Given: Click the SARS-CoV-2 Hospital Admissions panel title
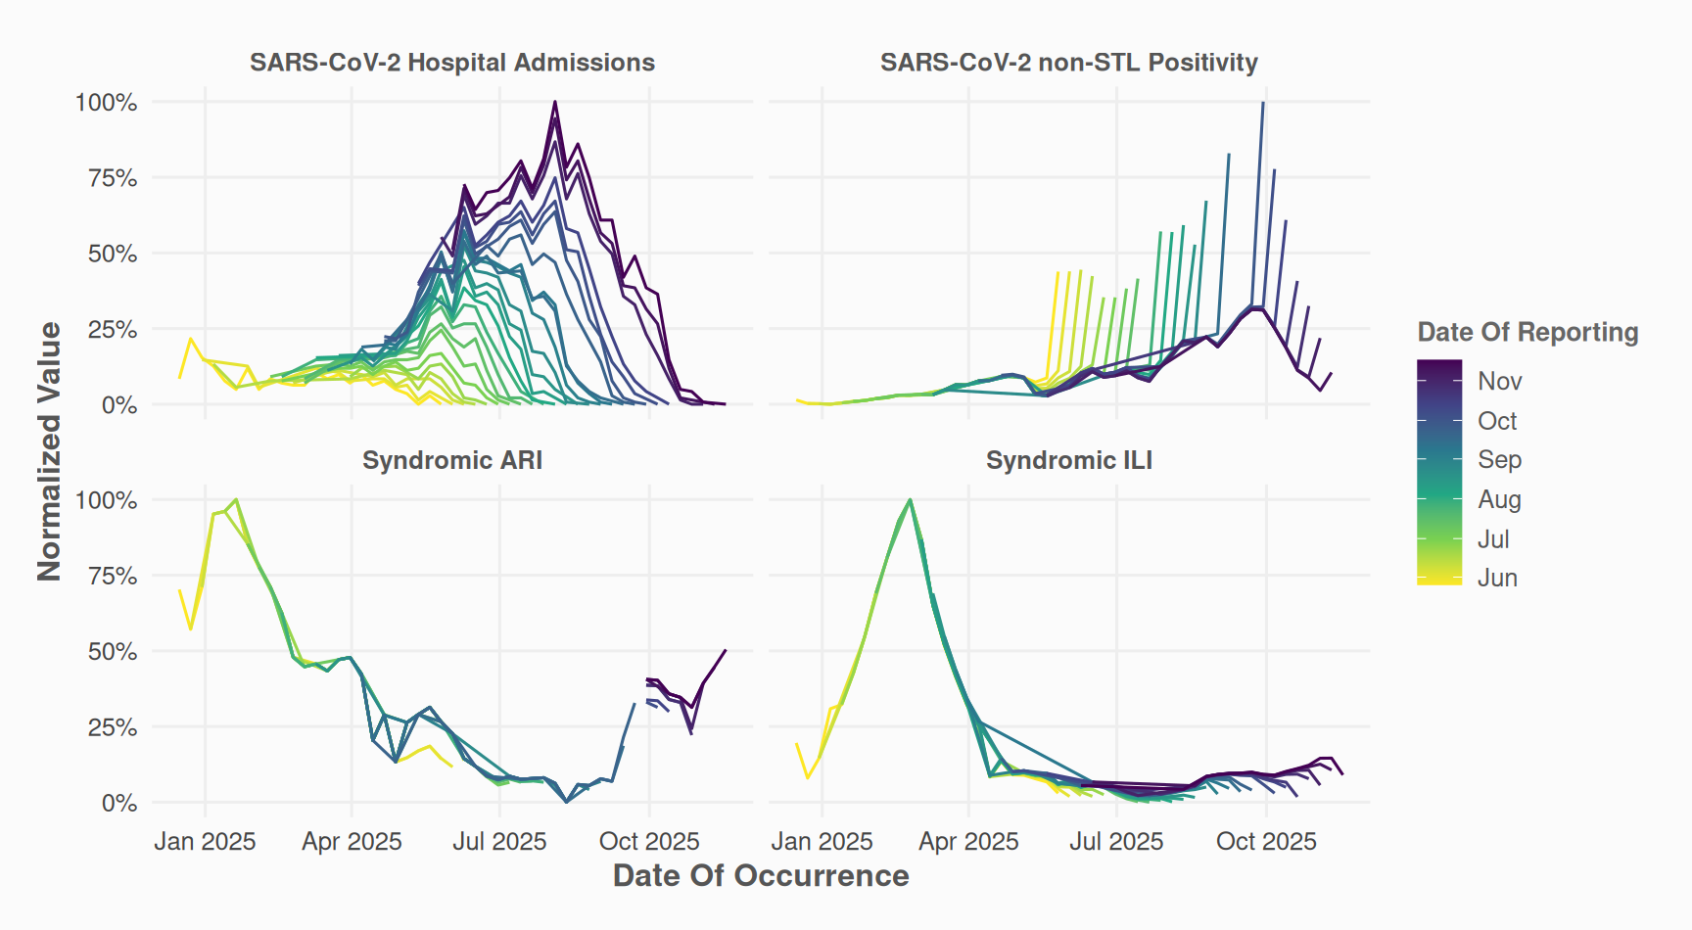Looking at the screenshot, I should coord(451,63).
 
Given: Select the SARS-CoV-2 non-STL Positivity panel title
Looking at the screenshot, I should coord(1068,63).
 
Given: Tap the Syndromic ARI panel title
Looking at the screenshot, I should coord(451,460).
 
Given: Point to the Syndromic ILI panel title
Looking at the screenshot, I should coord(1068,460).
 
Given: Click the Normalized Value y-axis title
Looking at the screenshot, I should coord(49,451).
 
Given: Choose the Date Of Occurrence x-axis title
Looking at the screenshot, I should coord(761,875).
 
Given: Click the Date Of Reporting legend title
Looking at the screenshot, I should coord(1527,333).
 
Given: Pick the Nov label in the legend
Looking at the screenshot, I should coord(1499,381).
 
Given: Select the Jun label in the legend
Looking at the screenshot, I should coord(1497,578).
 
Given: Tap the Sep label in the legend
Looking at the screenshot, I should coord(1499,460).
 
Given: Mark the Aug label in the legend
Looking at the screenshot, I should coord(1499,499).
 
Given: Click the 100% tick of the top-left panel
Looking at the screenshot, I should coord(106,103).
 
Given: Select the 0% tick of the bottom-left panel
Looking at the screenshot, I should coord(118,803).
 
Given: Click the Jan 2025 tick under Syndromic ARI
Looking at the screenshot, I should coord(205,841).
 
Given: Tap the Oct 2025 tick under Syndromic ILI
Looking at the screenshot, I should coord(1266,841).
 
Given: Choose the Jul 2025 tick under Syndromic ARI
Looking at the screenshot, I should coord(499,841).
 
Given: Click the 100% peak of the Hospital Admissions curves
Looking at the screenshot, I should coord(555,102).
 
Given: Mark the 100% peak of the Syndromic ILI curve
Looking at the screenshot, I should coord(911,500).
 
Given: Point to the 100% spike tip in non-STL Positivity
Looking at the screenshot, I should coord(1263,103).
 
